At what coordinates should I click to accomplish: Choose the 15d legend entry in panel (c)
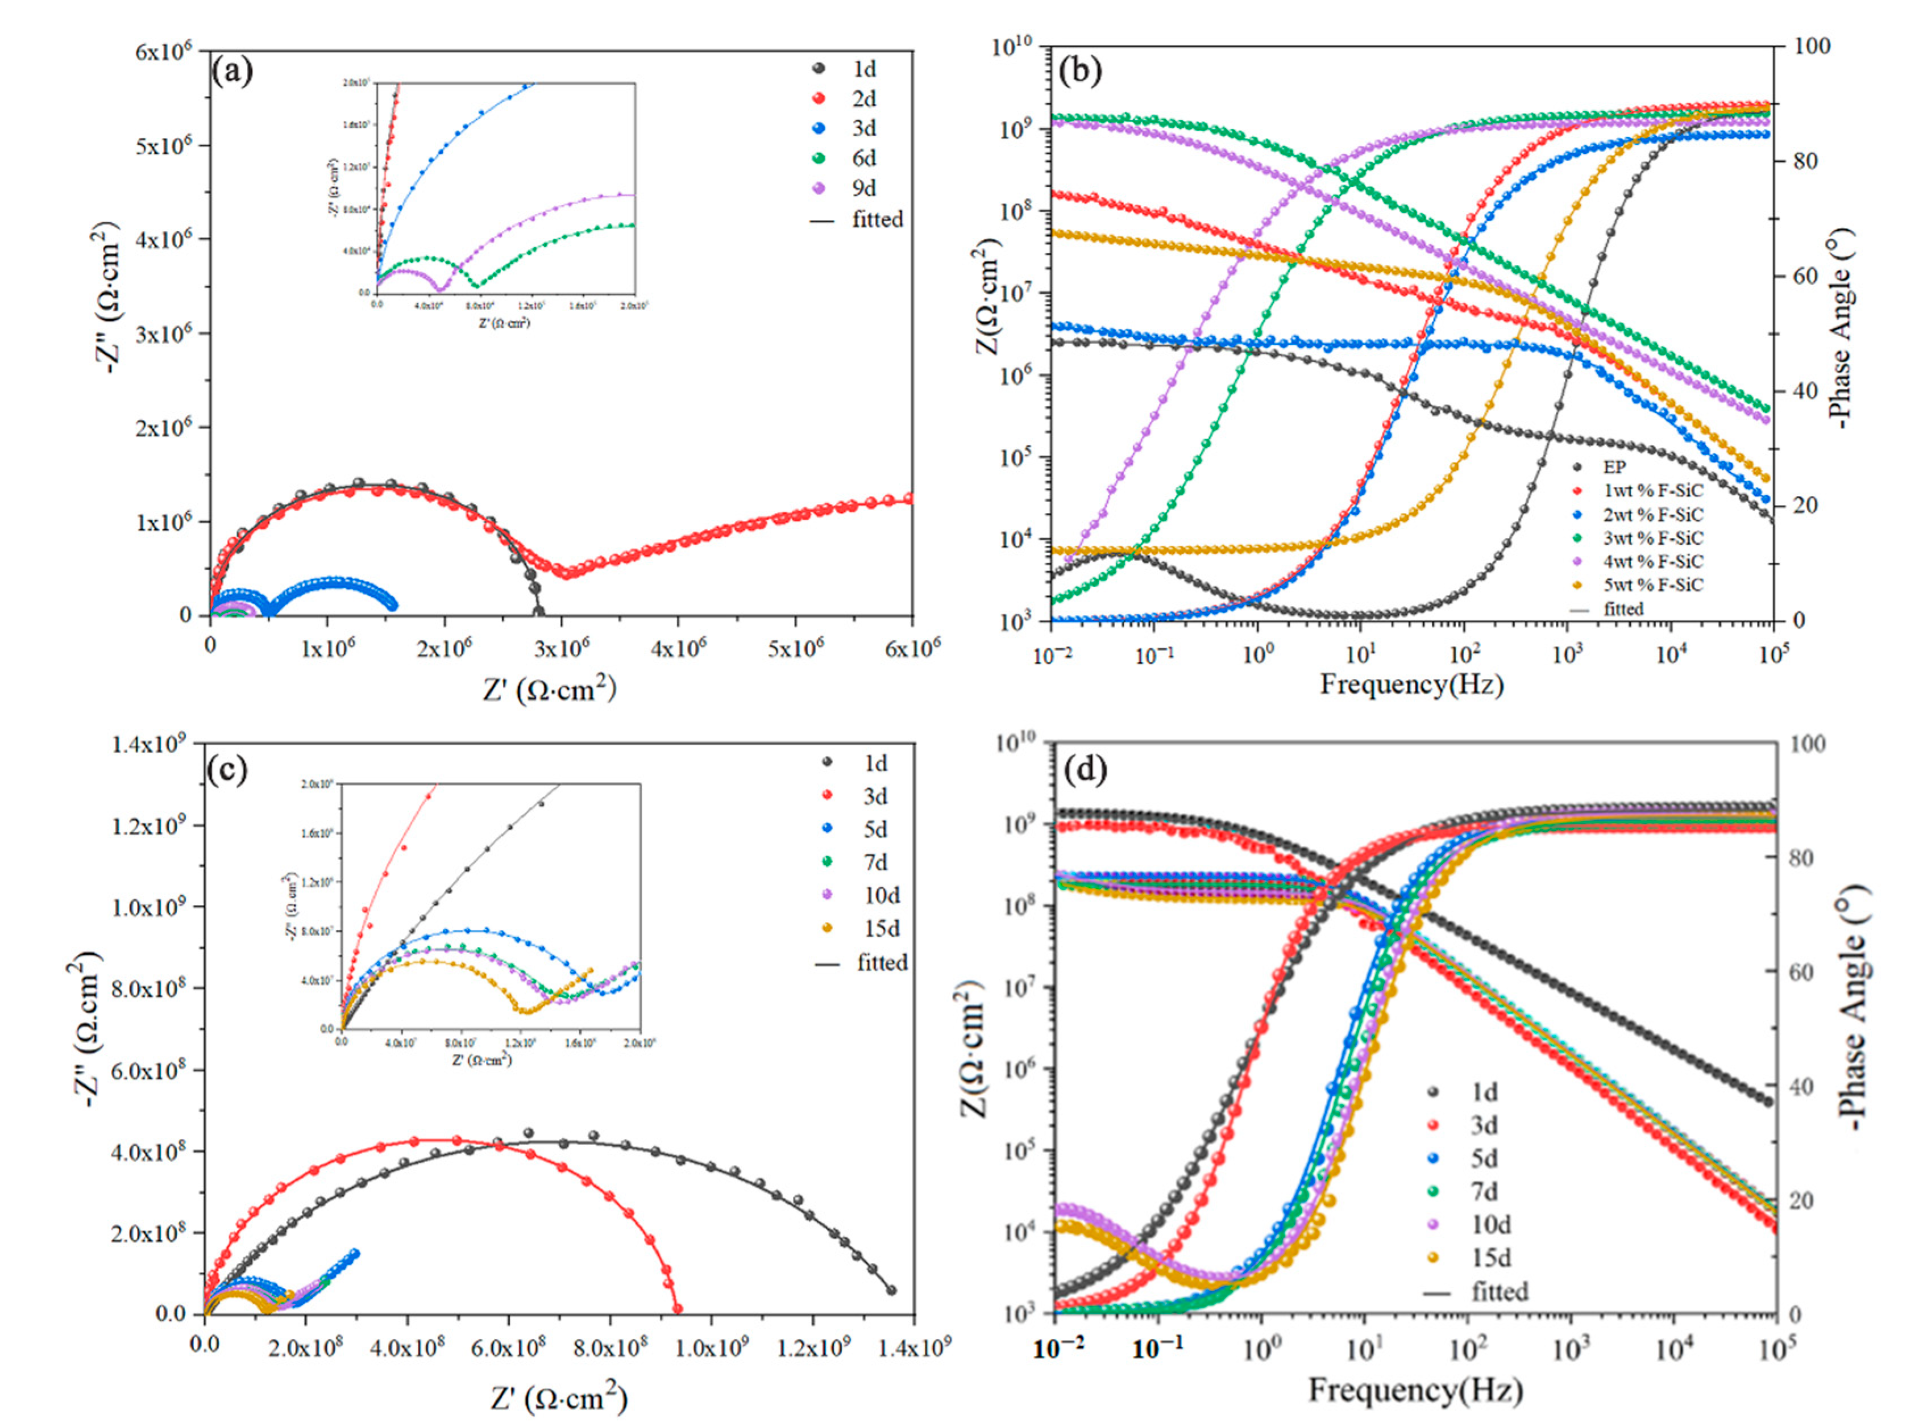875,929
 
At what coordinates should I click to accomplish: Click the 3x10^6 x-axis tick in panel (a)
561,648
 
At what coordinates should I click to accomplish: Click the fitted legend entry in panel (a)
877,220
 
